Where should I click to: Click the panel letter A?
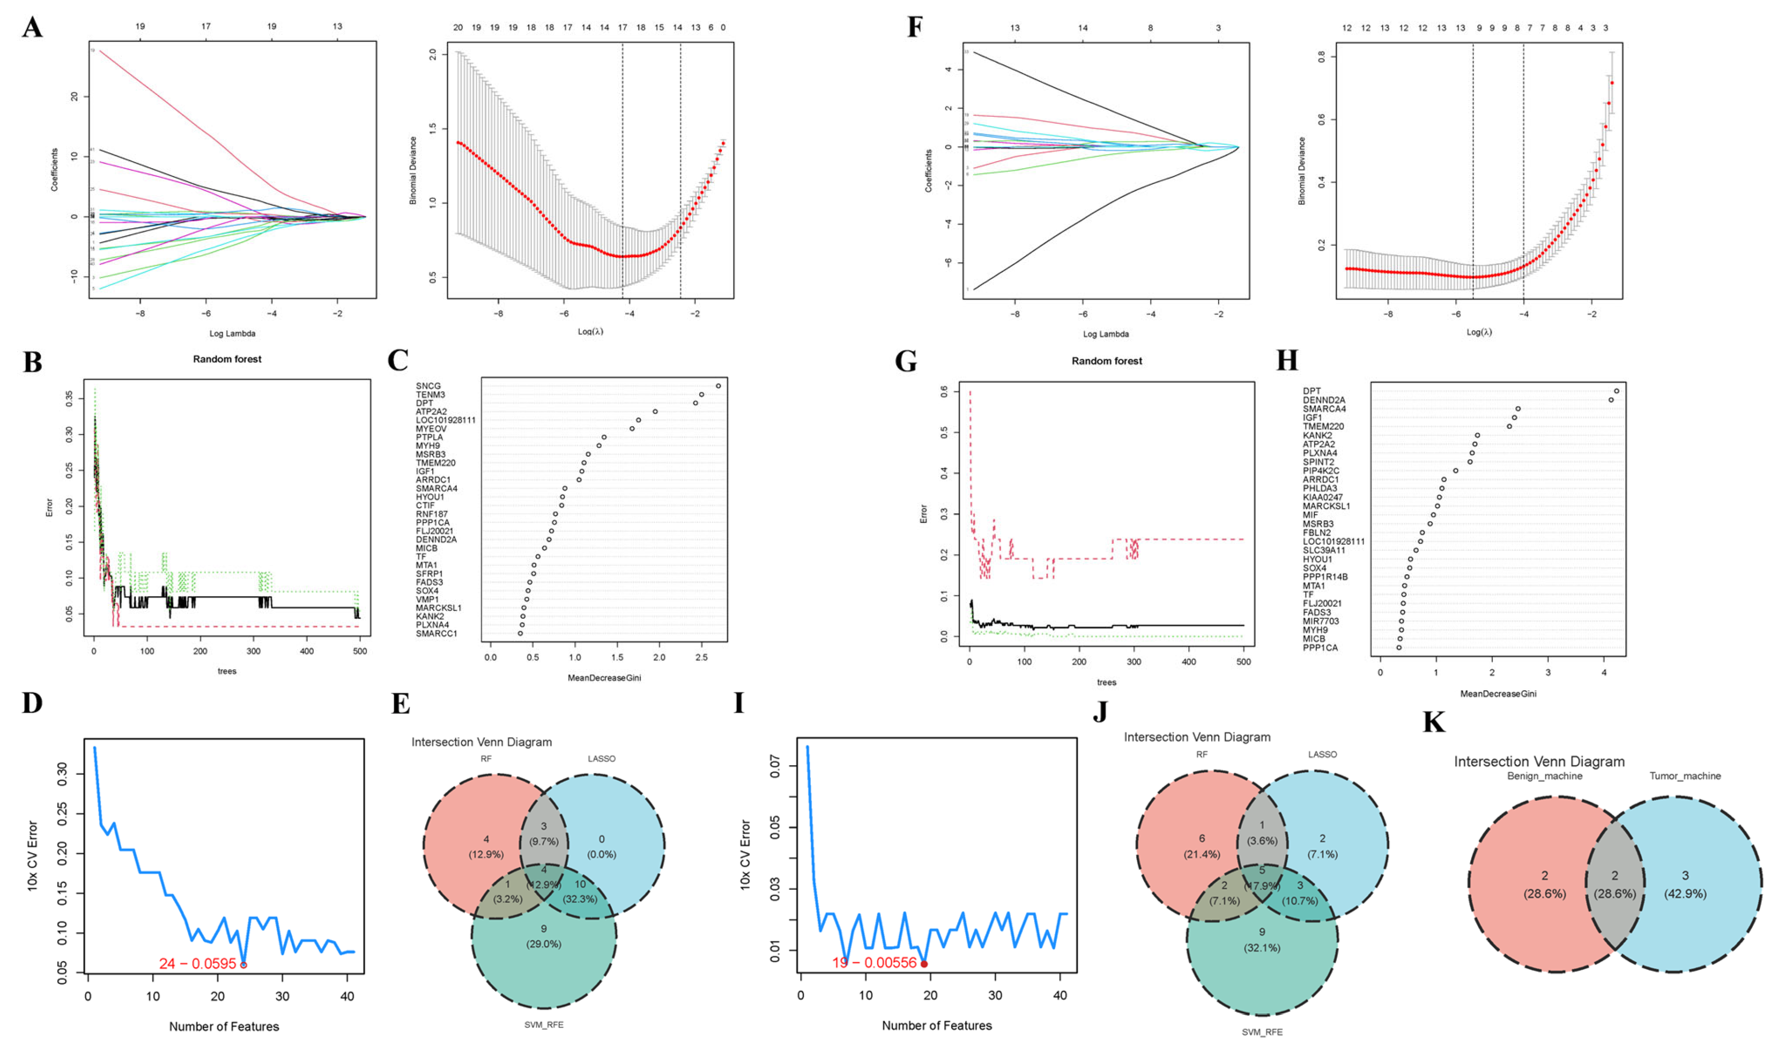coord(32,28)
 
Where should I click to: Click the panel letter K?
coord(1433,722)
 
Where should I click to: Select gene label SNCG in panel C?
coord(428,386)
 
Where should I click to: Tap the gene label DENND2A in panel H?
coord(1324,400)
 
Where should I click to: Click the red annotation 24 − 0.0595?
coord(197,964)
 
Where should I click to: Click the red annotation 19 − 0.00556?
coord(874,963)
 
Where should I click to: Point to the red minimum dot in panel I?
coord(924,964)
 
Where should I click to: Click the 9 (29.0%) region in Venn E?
coord(544,936)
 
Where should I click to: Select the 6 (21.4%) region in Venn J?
coord(1202,845)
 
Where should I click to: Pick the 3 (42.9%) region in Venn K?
coord(1685,884)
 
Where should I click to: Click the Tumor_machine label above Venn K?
coord(1685,776)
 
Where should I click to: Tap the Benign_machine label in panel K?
coord(1544,776)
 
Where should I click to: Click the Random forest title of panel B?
coord(227,359)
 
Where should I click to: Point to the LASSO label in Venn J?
coord(1322,754)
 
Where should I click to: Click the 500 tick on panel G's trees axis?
coord(1243,662)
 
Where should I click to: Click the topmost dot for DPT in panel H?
coord(1617,391)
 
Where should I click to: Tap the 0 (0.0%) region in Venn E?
coord(602,846)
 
